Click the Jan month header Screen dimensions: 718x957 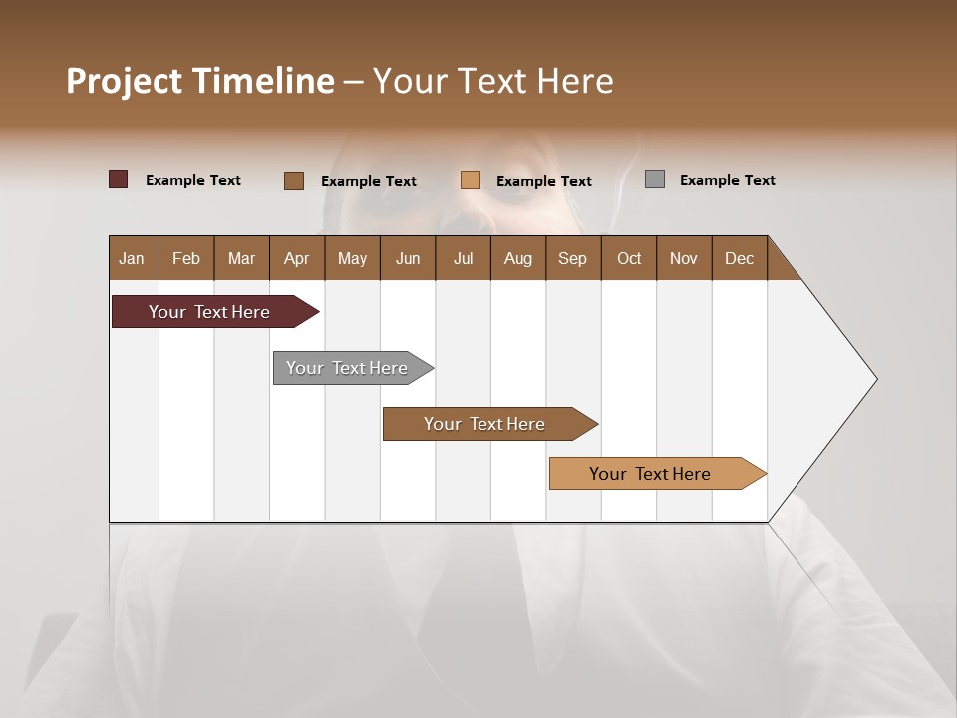[132, 258]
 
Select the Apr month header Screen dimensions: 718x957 [296, 258]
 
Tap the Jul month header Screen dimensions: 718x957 [463, 258]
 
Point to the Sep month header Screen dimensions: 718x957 [572, 258]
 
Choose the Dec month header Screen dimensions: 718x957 [739, 258]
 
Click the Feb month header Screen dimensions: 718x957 [186, 258]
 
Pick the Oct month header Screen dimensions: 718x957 [629, 258]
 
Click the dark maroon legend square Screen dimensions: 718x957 [118, 179]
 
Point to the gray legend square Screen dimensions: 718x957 [654, 179]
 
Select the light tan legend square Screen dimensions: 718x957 [471, 180]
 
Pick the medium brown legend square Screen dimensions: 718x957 [293, 180]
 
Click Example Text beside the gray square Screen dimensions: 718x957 [727, 180]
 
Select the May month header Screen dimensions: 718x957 [352, 258]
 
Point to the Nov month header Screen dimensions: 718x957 [683, 258]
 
